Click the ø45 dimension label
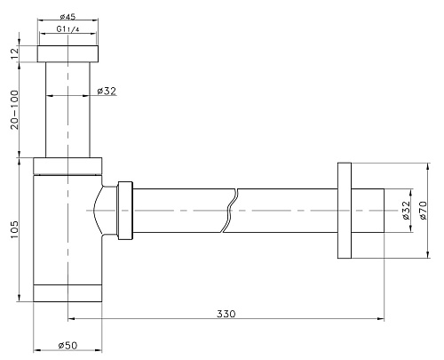[x=67, y=17]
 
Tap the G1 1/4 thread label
[x=68, y=29]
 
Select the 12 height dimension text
[x=14, y=54]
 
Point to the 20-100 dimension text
[x=14, y=109]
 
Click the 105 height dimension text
[x=14, y=230]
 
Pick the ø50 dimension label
[x=67, y=345]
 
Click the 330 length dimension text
[x=226, y=314]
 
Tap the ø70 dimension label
[x=423, y=210]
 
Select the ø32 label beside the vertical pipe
[x=107, y=91]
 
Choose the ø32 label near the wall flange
[x=406, y=210]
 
